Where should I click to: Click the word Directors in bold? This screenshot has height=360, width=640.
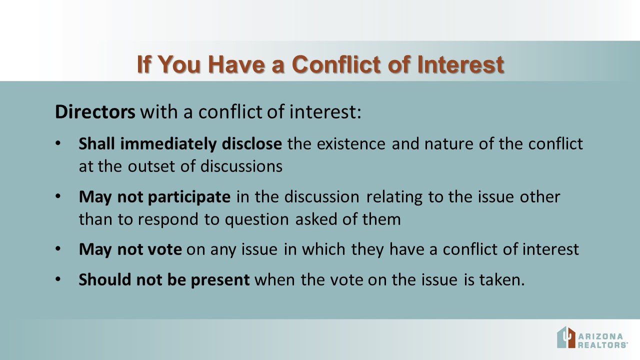[95, 111]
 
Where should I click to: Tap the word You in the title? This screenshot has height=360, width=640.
[179, 64]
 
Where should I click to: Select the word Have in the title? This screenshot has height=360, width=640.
[236, 64]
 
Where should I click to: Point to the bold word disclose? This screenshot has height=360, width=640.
[251, 143]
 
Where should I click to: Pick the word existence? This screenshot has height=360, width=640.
[351, 143]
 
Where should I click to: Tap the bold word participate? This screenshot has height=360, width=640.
[189, 197]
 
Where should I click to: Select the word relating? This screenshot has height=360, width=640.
[394, 197]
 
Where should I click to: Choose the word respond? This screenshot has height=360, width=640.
[168, 219]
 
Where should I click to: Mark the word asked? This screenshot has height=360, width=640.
[315, 219]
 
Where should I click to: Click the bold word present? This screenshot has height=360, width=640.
[220, 280]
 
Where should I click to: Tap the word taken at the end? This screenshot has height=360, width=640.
[502, 279]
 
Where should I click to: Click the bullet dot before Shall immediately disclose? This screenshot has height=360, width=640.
[58, 143]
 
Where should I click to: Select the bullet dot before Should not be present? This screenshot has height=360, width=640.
[58, 279]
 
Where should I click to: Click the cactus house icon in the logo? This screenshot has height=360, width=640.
[566, 337]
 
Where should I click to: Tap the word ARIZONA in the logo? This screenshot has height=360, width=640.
[600, 336]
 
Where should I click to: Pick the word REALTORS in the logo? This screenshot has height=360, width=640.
[602, 345]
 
